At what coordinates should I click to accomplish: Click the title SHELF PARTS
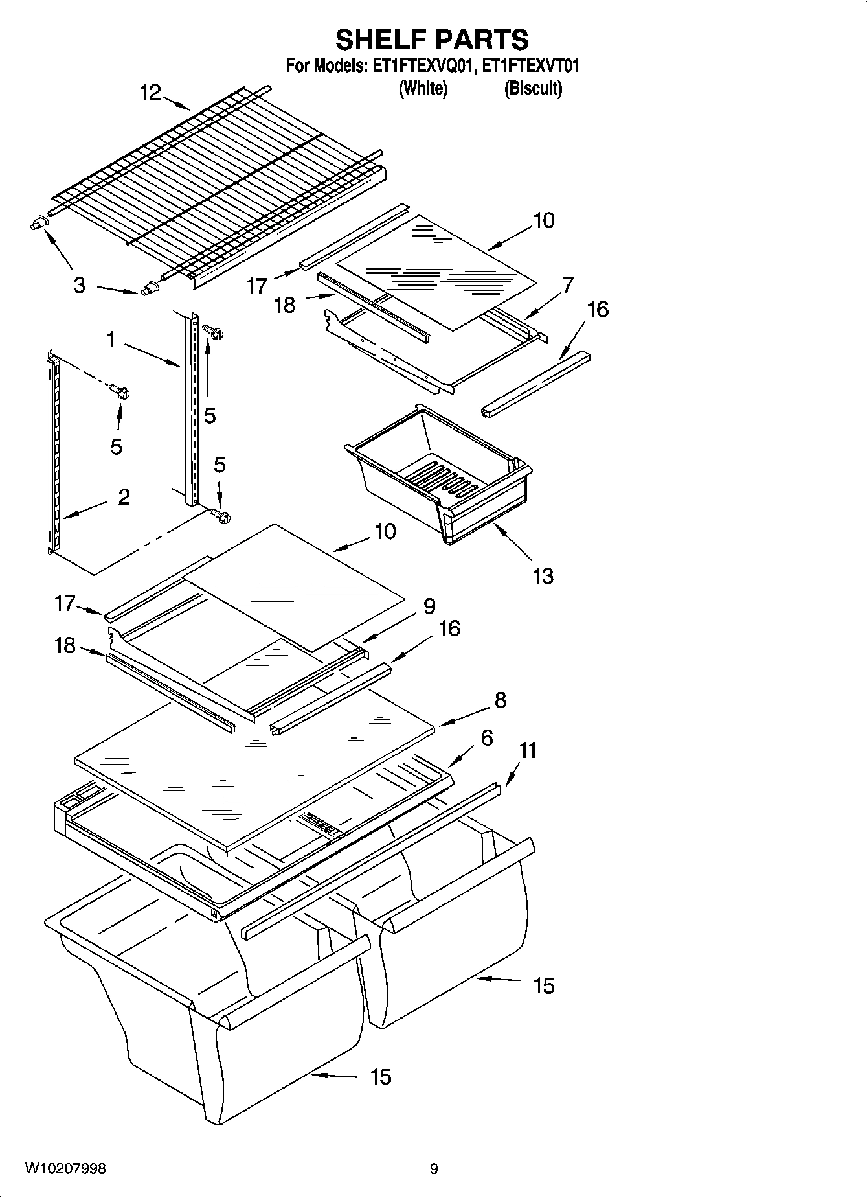(x=432, y=40)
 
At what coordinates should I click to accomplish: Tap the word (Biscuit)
(x=533, y=88)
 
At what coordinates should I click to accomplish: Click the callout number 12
(x=150, y=93)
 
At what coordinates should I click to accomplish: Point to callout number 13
(x=543, y=575)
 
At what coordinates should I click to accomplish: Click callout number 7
(x=568, y=285)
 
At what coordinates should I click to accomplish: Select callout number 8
(x=500, y=700)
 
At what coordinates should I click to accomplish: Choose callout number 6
(x=487, y=738)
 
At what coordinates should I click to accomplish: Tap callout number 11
(x=528, y=751)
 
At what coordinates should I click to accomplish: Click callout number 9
(x=429, y=606)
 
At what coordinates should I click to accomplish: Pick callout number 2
(x=124, y=497)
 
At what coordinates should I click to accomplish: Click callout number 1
(x=111, y=339)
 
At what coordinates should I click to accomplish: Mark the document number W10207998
(x=65, y=1169)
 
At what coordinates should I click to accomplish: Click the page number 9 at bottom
(x=434, y=1169)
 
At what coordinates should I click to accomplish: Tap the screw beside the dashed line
(x=120, y=392)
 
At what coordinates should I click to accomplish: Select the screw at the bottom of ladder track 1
(x=221, y=516)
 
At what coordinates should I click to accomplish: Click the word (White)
(x=422, y=88)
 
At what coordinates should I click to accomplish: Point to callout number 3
(x=79, y=285)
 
